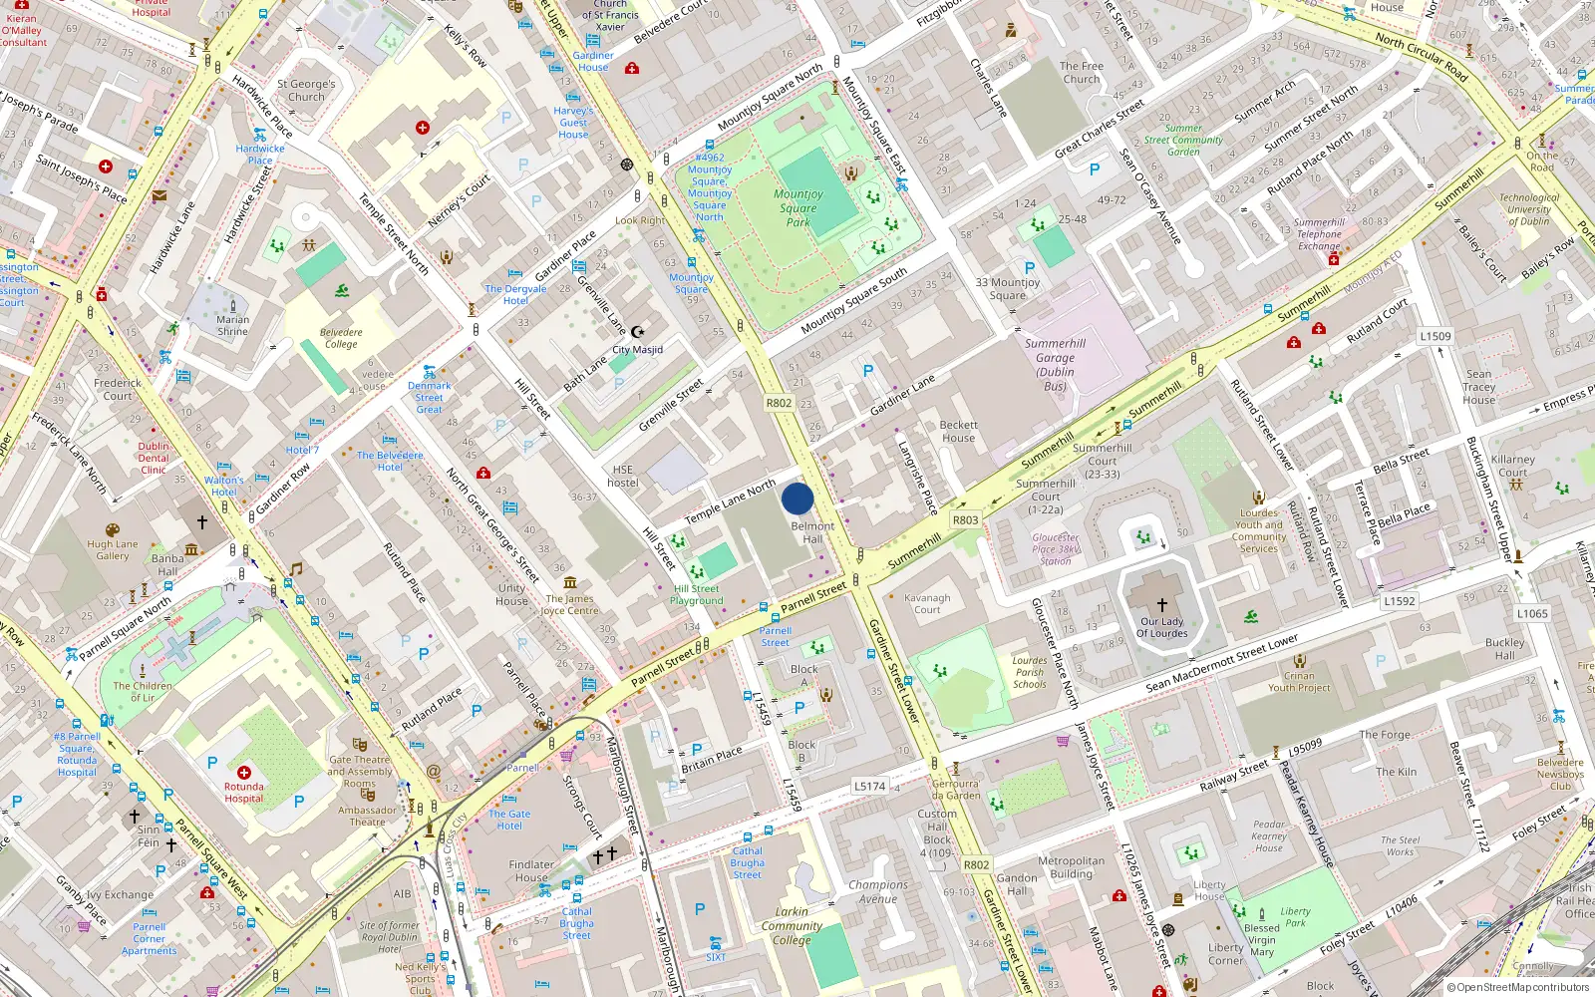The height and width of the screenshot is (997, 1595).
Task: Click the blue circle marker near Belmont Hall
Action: click(797, 498)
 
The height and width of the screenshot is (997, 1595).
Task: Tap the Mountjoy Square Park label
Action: click(798, 208)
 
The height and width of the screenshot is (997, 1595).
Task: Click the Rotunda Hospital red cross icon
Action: click(244, 773)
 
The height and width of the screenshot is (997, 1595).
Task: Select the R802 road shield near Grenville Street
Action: click(779, 404)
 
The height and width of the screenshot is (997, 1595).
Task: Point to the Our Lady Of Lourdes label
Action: click(1162, 627)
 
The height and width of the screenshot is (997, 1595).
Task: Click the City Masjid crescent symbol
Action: click(638, 332)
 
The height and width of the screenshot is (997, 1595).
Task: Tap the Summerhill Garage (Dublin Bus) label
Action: click(1055, 365)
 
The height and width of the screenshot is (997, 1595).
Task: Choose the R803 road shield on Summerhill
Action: click(965, 520)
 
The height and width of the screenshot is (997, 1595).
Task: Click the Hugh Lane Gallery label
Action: click(113, 549)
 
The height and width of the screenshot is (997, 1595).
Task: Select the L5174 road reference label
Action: click(869, 786)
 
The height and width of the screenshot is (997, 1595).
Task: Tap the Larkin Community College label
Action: click(792, 925)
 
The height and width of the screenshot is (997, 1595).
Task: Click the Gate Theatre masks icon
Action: click(360, 744)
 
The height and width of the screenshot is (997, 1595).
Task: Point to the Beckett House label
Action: click(958, 431)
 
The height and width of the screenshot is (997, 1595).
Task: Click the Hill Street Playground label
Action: click(696, 594)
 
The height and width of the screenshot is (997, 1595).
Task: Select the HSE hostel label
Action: click(623, 476)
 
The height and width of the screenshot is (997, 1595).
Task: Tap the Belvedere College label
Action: click(341, 338)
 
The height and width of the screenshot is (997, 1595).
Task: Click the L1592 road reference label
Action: click(1399, 601)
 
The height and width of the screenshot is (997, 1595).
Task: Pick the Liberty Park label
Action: click(1295, 916)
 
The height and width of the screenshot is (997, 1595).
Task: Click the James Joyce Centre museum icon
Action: click(569, 582)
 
